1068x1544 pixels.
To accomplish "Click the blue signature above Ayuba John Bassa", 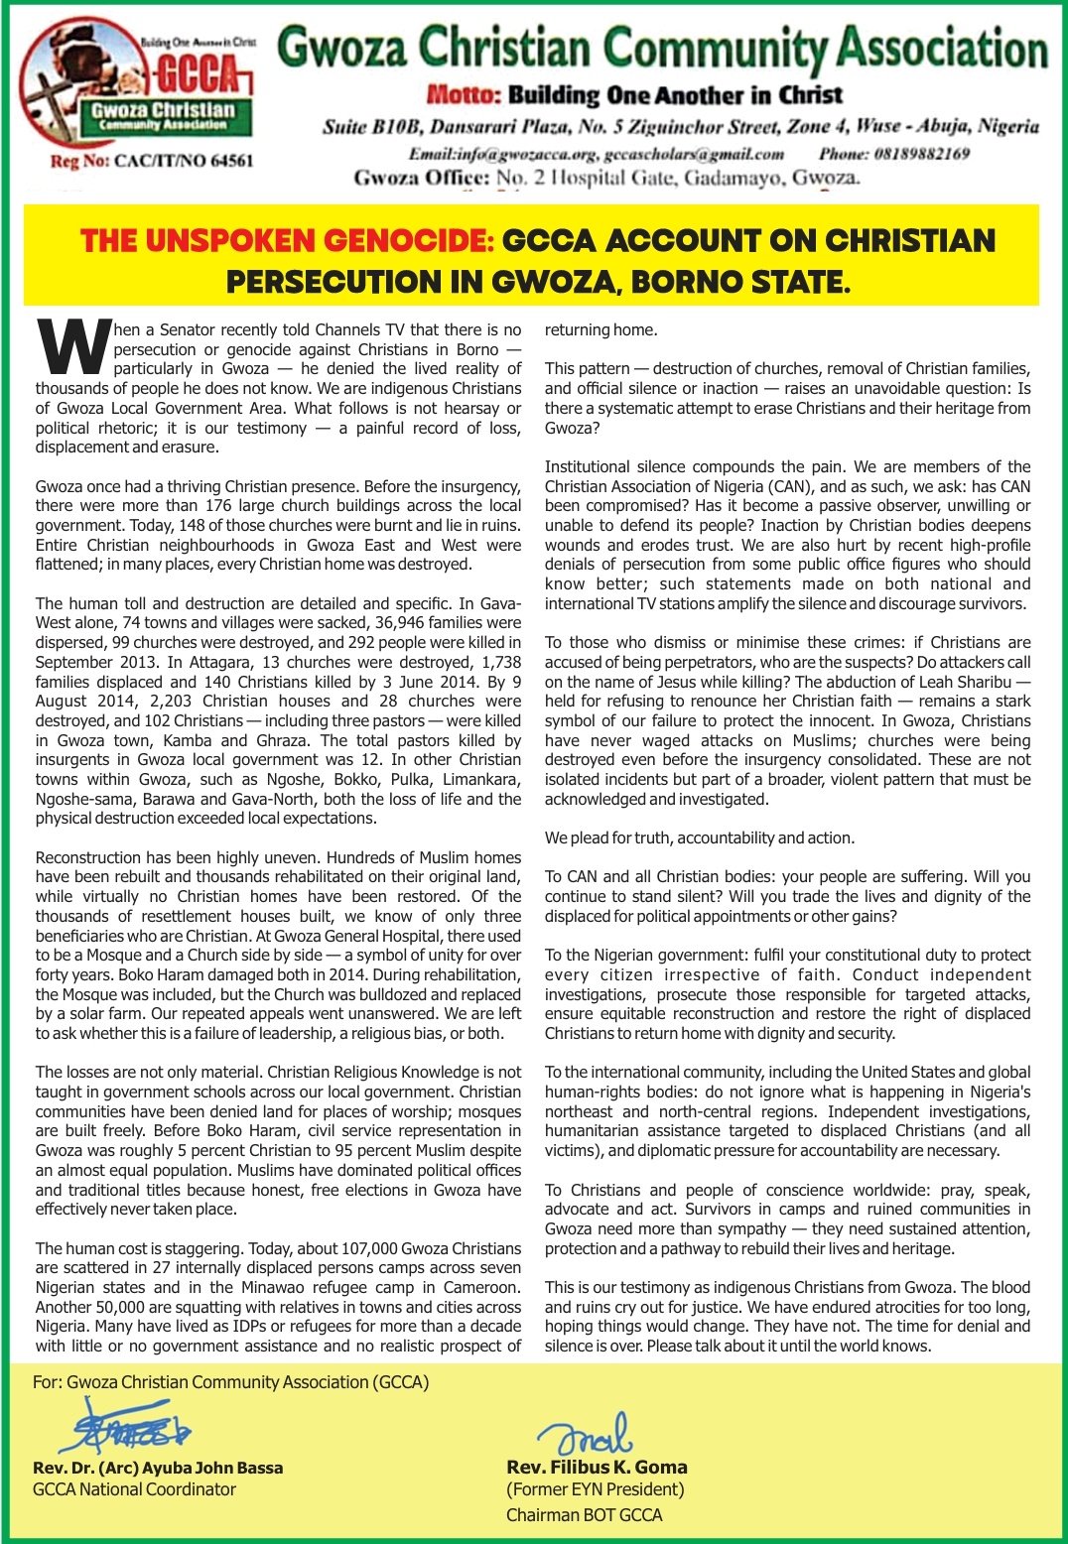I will pyautogui.click(x=129, y=1427).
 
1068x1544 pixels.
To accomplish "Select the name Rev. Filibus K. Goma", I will pyautogui.click(x=597, y=1467).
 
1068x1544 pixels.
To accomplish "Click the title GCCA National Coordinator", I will pyautogui.click(x=134, y=1489).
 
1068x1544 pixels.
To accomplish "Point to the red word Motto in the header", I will pyautogui.click(x=463, y=95).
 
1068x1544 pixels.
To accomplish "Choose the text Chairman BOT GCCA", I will pyautogui.click(x=584, y=1515).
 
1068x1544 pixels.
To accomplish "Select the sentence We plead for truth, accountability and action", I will pyautogui.click(x=699, y=837).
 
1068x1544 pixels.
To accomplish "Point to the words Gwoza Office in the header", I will pyautogui.click(x=421, y=178).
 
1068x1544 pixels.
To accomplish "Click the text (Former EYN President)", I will pyautogui.click(x=595, y=1489).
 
